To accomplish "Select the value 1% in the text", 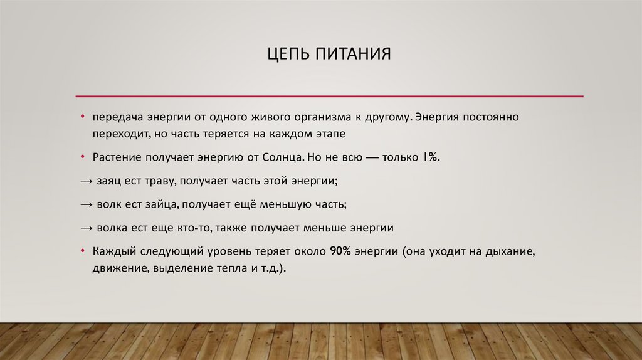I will [x=432, y=157].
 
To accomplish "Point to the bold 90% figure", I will [x=340, y=251].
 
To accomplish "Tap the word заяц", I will [x=110, y=181].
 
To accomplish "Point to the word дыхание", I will [x=513, y=251].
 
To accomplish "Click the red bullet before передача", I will [x=82, y=118].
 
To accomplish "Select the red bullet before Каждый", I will [x=82, y=251].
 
